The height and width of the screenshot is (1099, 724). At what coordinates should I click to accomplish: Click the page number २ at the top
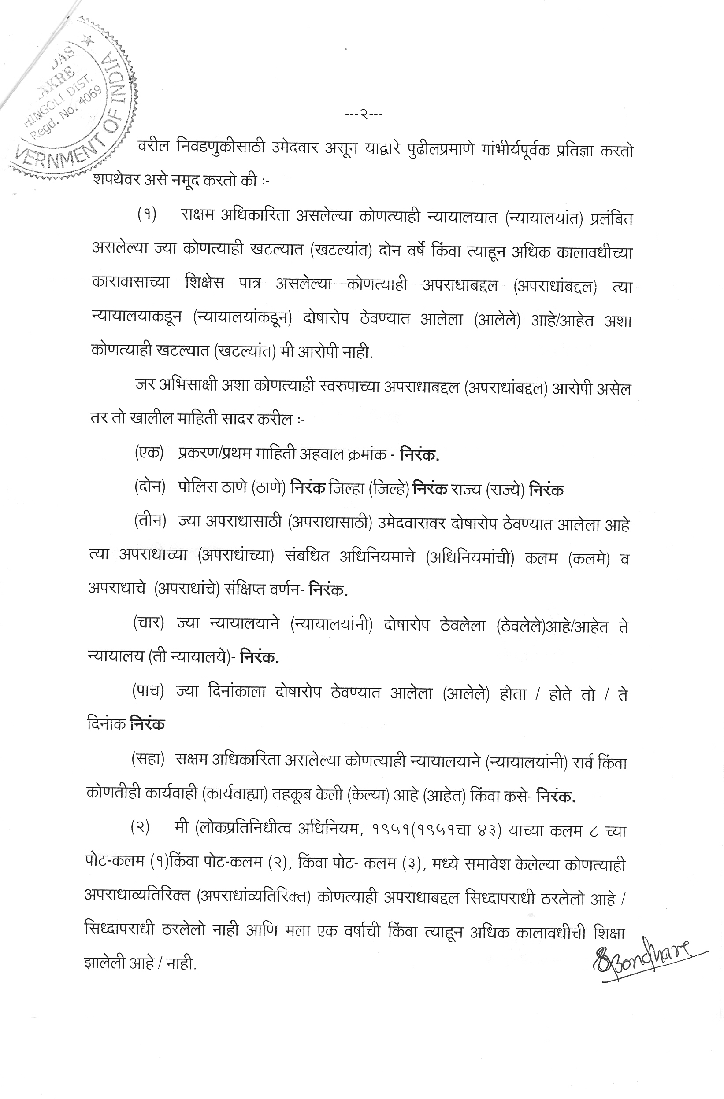(x=364, y=114)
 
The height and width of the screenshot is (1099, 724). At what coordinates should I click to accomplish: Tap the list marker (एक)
(x=149, y=453)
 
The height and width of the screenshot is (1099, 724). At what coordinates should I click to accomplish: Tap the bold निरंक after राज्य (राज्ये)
(x=546, y=489)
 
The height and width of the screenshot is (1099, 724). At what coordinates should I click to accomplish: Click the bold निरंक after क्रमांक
(x=419, y=454)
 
